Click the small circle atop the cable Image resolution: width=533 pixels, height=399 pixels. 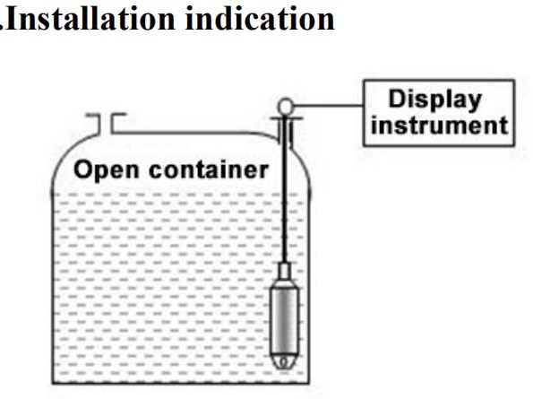click(x=284, y=106)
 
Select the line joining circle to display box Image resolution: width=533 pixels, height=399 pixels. click(x=326, y=106)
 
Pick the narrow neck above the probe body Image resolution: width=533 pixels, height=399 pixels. click(x=283, y=269)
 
